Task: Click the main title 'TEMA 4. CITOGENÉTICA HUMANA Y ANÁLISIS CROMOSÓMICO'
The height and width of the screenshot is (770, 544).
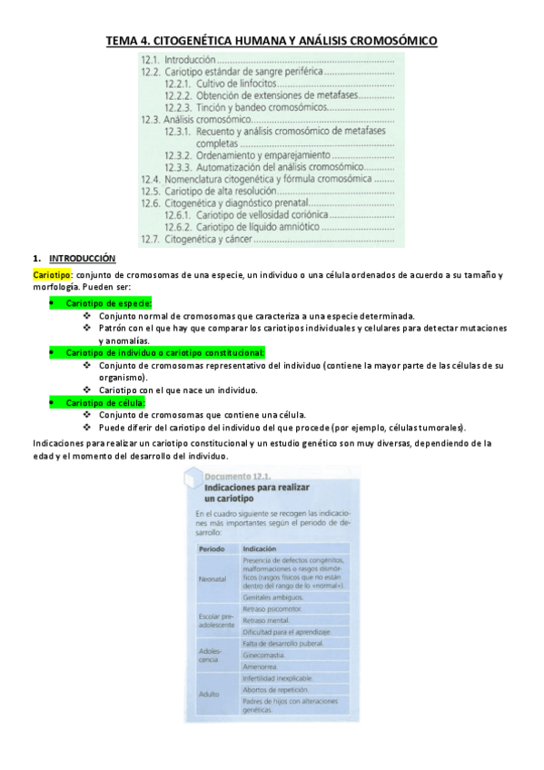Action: (x=272, y=41)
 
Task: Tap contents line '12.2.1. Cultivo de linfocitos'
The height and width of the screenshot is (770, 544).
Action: (x=223, y=84)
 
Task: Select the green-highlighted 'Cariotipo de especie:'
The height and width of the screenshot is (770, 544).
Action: (x=108, y=303)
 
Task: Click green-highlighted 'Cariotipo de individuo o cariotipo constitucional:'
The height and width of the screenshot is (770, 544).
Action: (x=164, y=351)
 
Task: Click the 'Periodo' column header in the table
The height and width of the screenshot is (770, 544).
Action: (x=211, y=548)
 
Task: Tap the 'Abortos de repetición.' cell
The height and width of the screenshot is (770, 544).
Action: (x=279, y=689)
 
